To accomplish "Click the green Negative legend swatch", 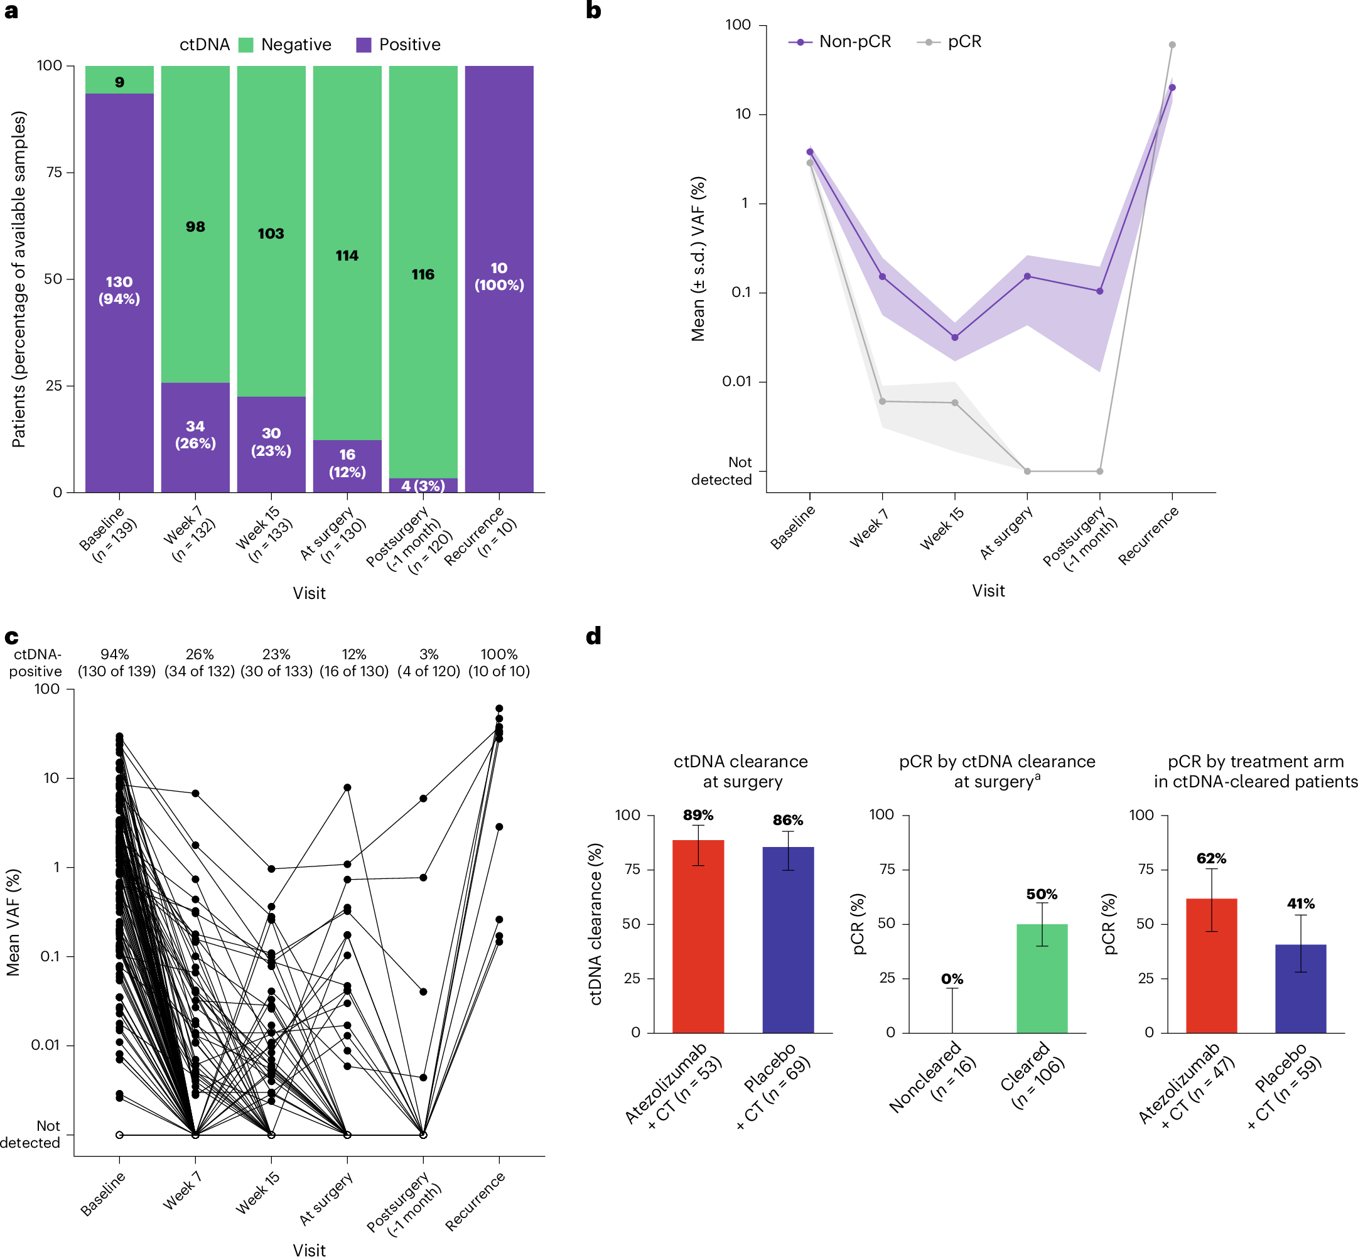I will click(x=246, y=45).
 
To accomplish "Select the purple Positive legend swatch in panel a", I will click(x=364, y=45).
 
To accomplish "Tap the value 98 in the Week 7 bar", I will click(x=195, y=227).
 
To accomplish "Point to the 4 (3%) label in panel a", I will click(x=423, y=486).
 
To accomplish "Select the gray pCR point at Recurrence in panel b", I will click(x=1172, y=45).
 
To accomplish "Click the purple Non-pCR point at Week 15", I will click(x=955, y=337).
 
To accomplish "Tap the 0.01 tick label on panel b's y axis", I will click(x=736, y=381).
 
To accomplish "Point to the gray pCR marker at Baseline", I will click(x=809, y=163).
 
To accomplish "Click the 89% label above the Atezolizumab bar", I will click(x=698, y=815).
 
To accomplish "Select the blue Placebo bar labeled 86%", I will click(x=787, y=939).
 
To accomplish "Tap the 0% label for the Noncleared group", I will click(x=952, y=979).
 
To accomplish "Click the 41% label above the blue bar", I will click(x=1300, y=904).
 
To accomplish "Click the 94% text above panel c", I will click(x=114, y=654).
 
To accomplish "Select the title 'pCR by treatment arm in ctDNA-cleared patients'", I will click(x=1255, y=770).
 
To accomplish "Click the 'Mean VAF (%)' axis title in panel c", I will click(x=14, y=922).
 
